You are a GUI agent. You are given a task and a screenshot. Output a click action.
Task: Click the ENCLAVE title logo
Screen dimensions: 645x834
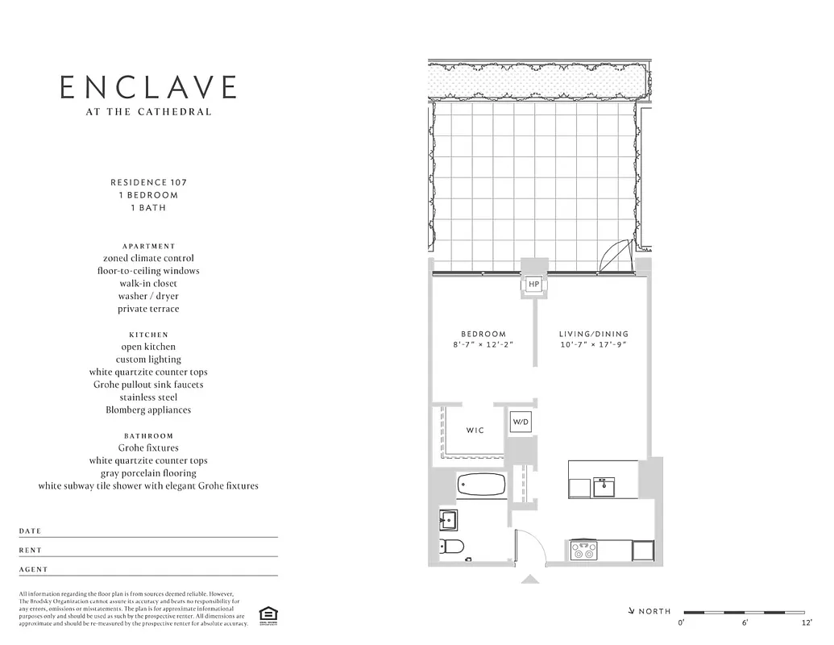(149, 87)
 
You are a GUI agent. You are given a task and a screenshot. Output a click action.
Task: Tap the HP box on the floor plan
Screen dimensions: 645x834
(533, 285)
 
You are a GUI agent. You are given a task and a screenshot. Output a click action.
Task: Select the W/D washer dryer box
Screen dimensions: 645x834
(521, 422)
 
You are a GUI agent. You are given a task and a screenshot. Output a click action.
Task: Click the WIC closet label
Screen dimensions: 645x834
(475, 431)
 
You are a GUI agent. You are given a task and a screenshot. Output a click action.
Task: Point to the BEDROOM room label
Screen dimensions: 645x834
(483, 334)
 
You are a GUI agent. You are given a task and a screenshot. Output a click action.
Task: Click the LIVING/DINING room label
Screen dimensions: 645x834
(594, 334)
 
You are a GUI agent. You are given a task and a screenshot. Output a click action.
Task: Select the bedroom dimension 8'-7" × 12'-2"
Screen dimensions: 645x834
(483, 345)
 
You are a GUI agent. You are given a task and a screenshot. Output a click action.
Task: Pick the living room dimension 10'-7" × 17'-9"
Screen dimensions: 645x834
(594, 345)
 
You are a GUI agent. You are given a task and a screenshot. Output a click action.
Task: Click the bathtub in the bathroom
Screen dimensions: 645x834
(481, 485)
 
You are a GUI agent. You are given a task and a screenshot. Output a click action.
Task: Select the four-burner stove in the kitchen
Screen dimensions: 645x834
(583, 551)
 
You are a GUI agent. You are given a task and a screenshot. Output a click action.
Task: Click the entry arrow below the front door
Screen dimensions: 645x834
(530, 578)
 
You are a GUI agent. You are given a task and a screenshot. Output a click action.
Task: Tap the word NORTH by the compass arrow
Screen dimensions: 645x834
(654, 612)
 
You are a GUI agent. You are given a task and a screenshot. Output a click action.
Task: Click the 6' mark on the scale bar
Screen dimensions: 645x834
(744, 623)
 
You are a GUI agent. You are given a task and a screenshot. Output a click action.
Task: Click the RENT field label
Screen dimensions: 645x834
(31, 551)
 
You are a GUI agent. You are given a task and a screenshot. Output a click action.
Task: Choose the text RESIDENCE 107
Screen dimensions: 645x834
(149, 182)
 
